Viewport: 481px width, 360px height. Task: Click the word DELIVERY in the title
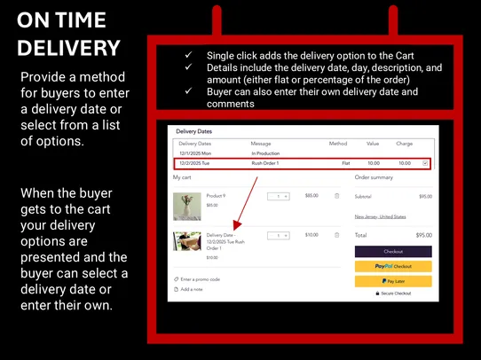(68, 47)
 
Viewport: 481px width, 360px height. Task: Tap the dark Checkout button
(393, 252)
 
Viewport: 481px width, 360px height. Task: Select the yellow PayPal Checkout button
(393, 266)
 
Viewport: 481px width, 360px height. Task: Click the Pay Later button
(393, 280)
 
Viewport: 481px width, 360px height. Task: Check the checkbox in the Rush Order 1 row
(425, 163)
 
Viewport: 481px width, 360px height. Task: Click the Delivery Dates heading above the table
(194, 131)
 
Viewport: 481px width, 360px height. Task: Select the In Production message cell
(266, 153)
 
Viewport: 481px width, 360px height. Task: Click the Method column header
(338, 143)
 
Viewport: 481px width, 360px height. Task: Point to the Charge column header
(404, 143)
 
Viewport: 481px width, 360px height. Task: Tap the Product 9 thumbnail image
(186, 206)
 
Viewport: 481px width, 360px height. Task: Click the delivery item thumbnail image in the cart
(186, 243)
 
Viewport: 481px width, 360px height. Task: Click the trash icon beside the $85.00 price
(336, 196)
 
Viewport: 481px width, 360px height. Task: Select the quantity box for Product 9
(278, 196)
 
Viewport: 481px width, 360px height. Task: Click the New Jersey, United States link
(380, 216)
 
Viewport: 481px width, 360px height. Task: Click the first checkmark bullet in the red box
(188, 55)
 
